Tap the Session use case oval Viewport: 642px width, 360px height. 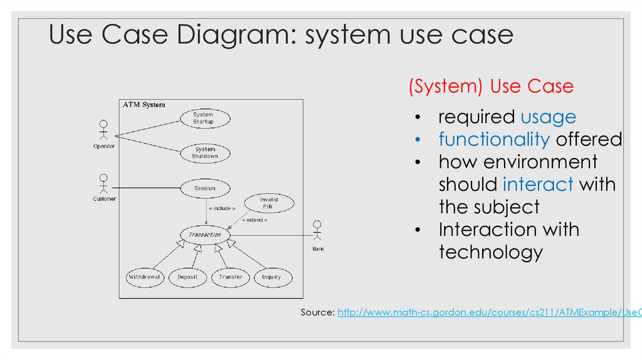[x=205, y=188]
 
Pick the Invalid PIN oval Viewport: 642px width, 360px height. [x=269, y=203]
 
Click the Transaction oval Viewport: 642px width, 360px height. [x=205, y=235]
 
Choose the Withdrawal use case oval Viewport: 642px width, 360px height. [x=145, y=277]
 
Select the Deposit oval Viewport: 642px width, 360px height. [x=187, y=277]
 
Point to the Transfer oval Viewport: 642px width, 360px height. [x=231, y=277]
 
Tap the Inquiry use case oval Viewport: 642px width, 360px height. [x=271, y=277]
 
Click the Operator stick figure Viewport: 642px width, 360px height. [x=103, y=131]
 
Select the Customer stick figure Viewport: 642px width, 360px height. [x=103, y=184]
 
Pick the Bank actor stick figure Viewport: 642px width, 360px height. [x=318, y=231]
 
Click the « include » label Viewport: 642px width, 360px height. [x=222, y=208]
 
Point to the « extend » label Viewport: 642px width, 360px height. [x=255, y=220]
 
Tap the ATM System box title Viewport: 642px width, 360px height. [x=144, y=105]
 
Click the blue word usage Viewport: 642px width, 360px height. [x=548, y=117]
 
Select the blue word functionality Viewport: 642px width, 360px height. [x=494, y=139]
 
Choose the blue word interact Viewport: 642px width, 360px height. [x=538, y=184]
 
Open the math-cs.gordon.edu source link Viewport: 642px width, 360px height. [x=489, y=312]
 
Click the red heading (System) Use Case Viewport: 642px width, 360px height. [x=491, y=86]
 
